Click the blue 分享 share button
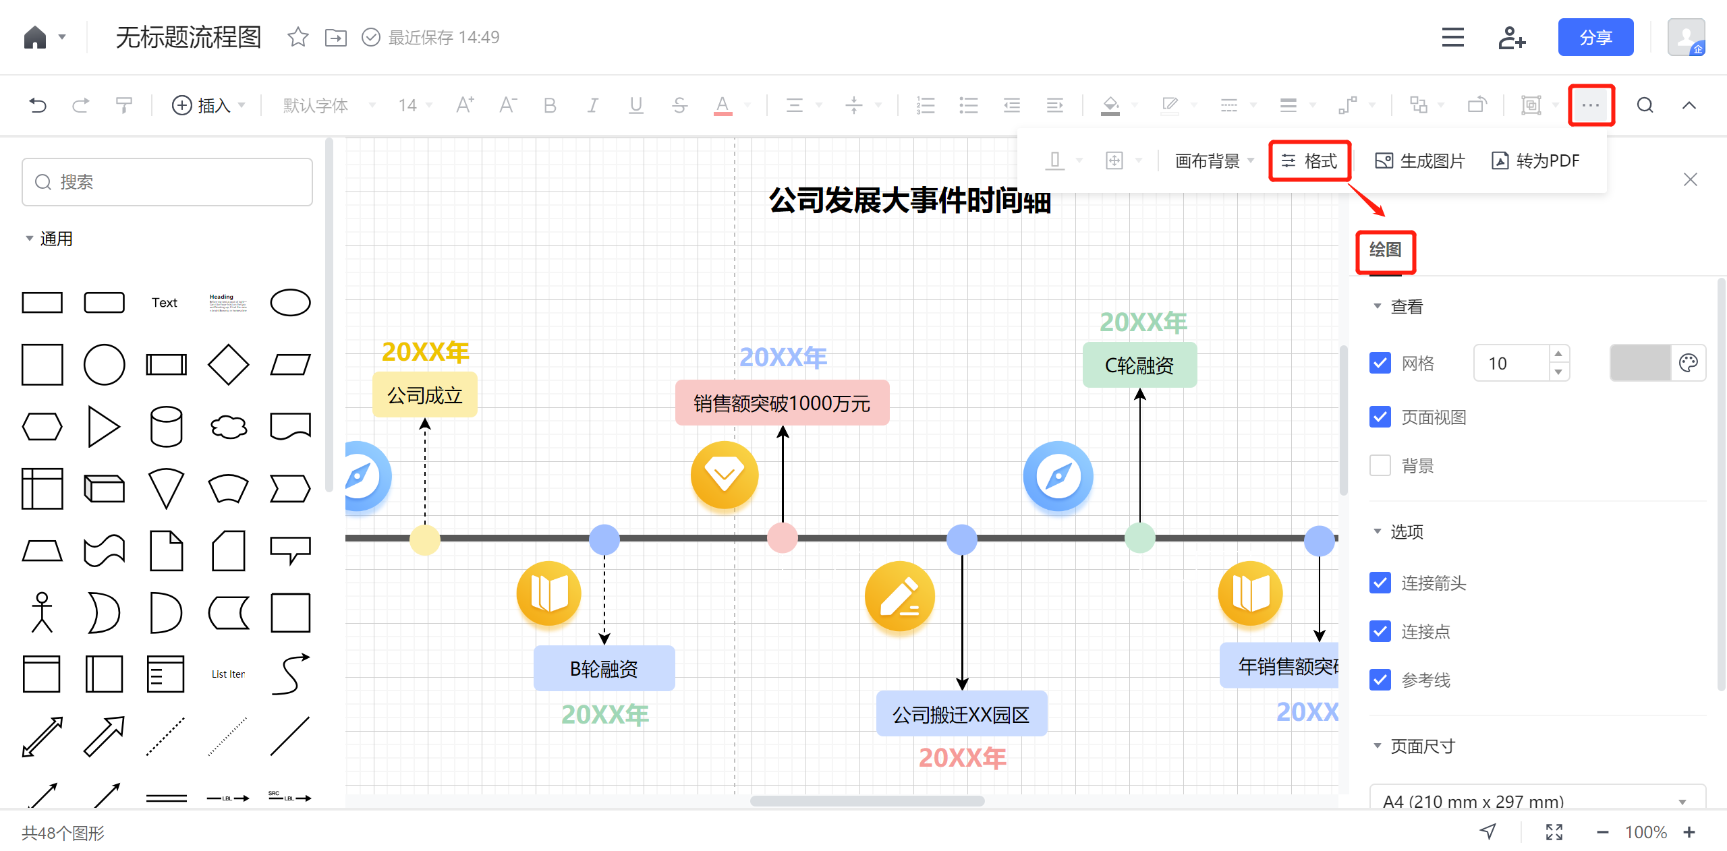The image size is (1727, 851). coord(1595,37)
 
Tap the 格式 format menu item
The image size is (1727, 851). coord(1309,160)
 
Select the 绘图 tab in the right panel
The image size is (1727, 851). coord(1385,250)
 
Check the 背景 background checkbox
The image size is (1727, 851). coord(1380,465)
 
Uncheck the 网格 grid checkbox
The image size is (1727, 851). coord(1380,363)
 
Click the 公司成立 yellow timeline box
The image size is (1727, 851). coord(425,395)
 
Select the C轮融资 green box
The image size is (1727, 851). coord(1139,365)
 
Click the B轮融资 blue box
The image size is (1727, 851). coord(604,668)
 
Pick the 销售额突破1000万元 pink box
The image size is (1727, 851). coord(782,403)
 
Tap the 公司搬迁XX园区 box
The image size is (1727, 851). coord(961,714)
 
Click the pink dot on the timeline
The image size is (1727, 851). coord(783,538)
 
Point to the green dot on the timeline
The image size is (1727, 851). coord(1140,538)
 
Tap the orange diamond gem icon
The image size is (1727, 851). coord(725,475)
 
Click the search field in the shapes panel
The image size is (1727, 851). coord(167,182)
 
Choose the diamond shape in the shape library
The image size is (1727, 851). coord(228,365)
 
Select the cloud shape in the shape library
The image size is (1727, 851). coord(228,427)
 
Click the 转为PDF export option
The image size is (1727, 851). coord(1536,160)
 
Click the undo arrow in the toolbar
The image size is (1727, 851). coord(38,105)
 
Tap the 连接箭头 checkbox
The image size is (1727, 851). coord(1380,583)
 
